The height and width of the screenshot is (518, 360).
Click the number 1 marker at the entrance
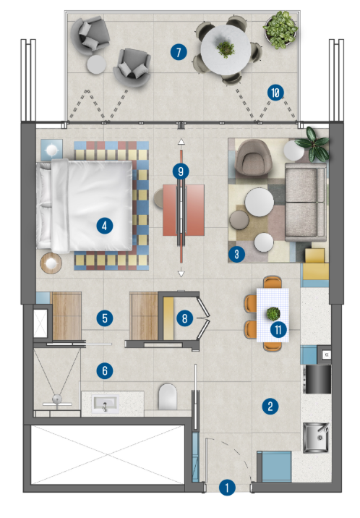click(x=227, y=488)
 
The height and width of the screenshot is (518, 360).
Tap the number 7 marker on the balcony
click(x=179, y=52)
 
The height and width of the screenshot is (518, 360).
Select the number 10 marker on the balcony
click(x=275, y=93)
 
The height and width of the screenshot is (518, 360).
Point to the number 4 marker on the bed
click(x=105, y=226)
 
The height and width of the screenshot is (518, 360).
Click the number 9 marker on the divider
click(x=181, y=171)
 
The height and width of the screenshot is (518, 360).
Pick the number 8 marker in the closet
click(x=184, y=318)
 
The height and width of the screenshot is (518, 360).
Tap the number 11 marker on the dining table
click(x=278, y=329)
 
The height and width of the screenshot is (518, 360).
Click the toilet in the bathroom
click(x=168, y=396)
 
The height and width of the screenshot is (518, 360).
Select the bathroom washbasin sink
click(x=105, y=404)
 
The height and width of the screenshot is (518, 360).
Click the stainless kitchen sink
click(x=316, y=438)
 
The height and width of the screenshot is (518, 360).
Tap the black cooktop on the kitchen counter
click(x=318, y=379)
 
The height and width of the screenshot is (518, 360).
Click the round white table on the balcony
click(x=226, y=49)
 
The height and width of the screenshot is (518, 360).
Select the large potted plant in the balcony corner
click(x=280, y=30)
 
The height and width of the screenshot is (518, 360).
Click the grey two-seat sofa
click(x=306, y=202)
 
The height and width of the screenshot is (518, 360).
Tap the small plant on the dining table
click(x=273, y=313)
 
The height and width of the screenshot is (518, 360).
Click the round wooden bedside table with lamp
click(x=51, y=263)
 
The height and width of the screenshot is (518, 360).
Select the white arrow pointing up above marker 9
click(x=181, y=142)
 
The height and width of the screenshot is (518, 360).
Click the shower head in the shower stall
click(x=57, y=400)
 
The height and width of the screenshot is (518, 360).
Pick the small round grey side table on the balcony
click(x=96, y=64)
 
